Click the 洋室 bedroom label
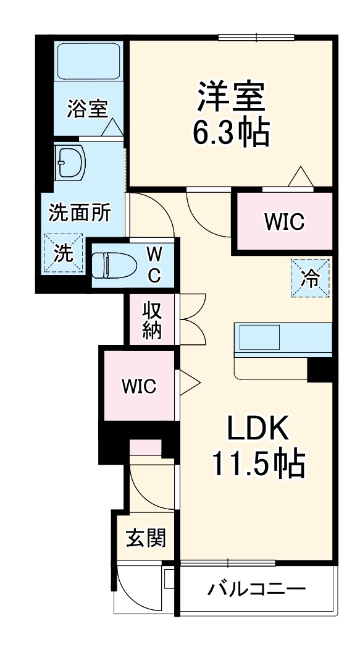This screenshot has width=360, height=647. tap(231, 96)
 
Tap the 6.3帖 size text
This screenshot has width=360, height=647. tap(231, 131)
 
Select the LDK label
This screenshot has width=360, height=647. tap(259, 428)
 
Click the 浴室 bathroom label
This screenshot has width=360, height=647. tap(87, 109)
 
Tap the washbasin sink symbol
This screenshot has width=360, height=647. tap(70, 163)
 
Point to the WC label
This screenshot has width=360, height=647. tap(155, 264)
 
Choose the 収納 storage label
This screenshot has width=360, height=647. tap(152, 319)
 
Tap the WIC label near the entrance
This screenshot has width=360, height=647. tap(139, 387)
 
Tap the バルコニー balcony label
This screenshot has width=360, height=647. tap(256, 588)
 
